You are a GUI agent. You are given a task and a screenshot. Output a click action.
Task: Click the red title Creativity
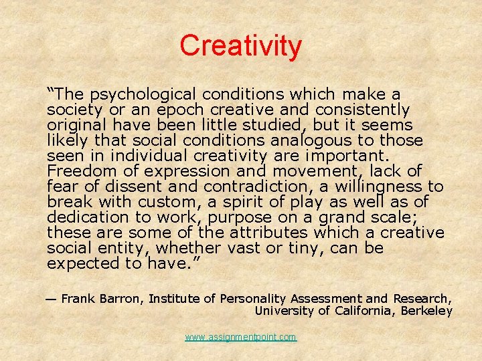240,46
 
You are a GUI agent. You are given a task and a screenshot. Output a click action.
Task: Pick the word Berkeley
427,311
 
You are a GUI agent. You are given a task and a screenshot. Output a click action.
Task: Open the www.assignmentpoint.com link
241,338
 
